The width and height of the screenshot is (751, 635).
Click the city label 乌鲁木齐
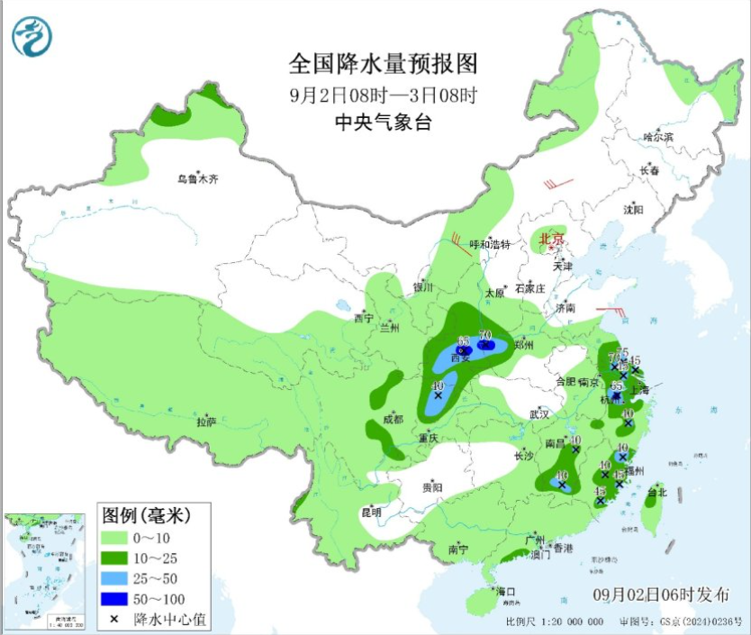[x=197, y=179]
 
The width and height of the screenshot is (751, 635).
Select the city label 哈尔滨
[x=658, y=137]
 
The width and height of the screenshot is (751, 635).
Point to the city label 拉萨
[x=206, y=422]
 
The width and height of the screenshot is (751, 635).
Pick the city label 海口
[x=506, y=592]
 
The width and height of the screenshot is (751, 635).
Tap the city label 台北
[x=656, y=493]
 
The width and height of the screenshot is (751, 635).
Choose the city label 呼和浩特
[x=492, y=244]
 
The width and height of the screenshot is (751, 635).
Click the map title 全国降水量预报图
[x=382, y=64]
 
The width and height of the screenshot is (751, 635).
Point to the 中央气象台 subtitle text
[x=382, y=123]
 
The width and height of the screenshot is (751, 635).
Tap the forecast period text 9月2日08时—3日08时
[x=382, y=95]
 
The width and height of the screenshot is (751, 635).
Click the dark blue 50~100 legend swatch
[x=114, y=599]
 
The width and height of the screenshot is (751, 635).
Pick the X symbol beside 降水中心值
[x=114, y=620]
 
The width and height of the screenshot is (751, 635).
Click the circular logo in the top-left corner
[x=32, y=37]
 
